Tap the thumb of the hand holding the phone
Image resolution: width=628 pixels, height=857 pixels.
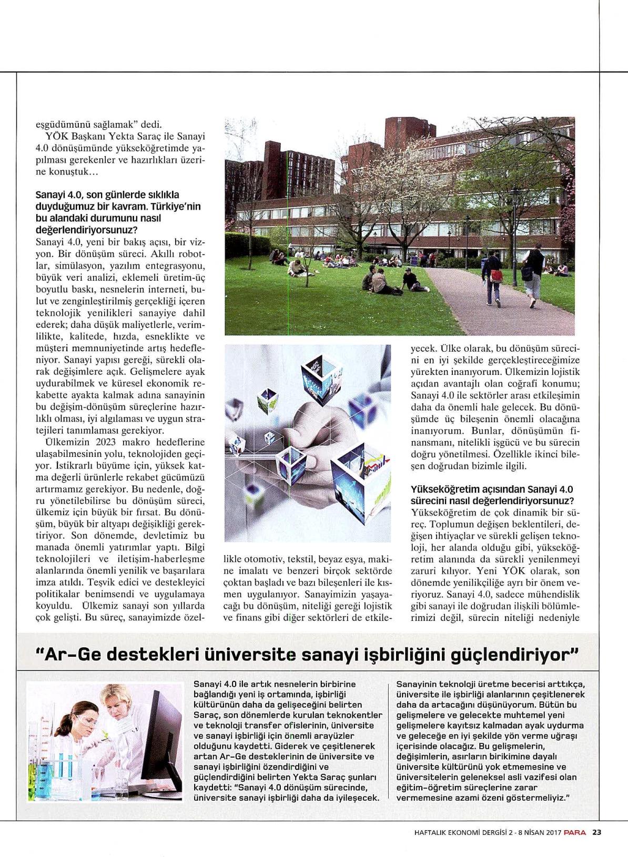(316, 436)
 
